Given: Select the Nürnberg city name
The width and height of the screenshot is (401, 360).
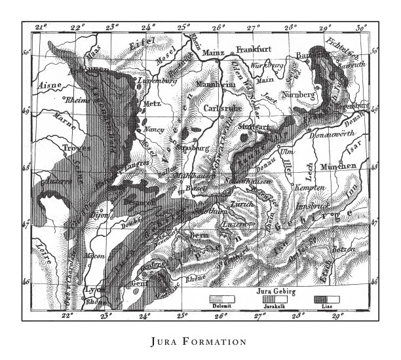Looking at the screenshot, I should (298, 94).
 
